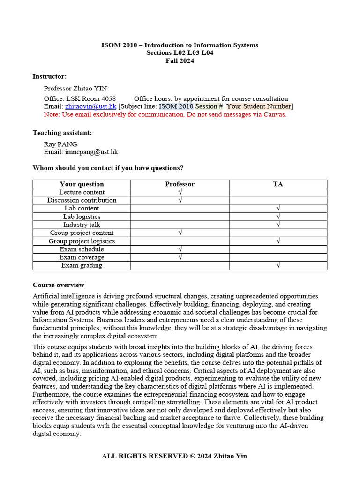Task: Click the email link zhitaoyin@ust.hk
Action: [90, 106]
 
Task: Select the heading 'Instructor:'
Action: [50, 76]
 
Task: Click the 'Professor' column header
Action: [180, 184]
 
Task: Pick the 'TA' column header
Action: [278, 184]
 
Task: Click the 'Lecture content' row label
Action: [82, 192]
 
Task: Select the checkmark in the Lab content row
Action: [278, 208]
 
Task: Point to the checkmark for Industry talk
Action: [278, 225]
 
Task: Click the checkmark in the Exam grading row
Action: [278, 265]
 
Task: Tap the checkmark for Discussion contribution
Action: [180, 200]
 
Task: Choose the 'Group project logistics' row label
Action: [82, 241]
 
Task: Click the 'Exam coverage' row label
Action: [82, 257]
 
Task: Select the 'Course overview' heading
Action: [59, 285]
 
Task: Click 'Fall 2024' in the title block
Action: [180, 60]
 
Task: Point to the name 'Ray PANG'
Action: [60, 144]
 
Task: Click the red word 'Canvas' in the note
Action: [274, 114]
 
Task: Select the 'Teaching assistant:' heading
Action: [62, 133]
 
